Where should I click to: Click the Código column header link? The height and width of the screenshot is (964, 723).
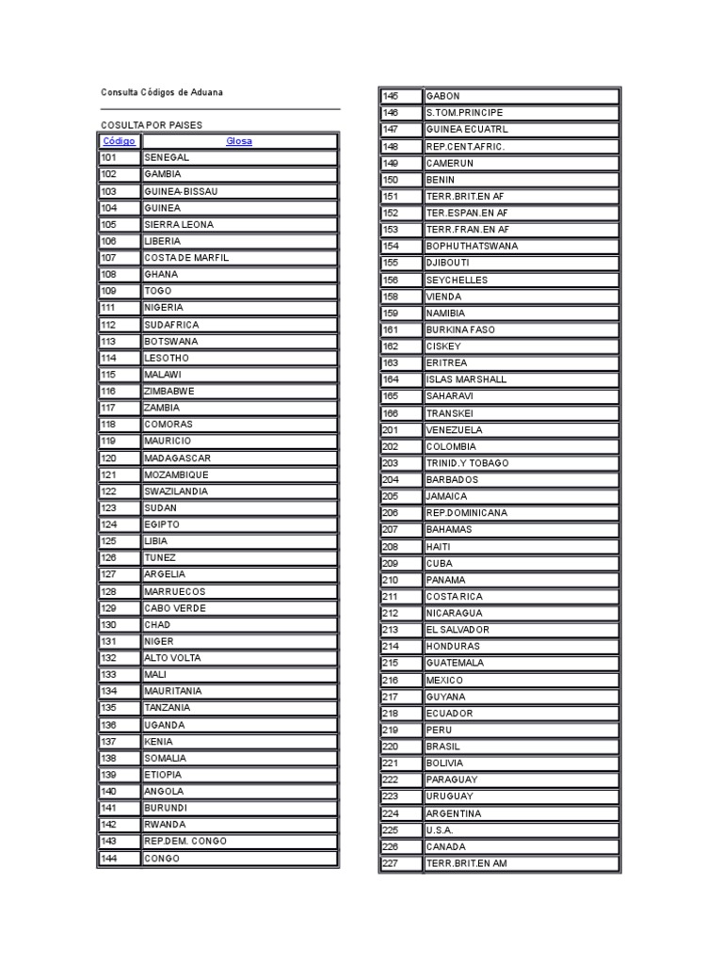[x=119, y=141]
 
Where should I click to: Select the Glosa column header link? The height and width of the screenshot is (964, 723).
[x=239, y=141]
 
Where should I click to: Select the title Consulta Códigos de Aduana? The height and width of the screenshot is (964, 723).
[x=163, y=92]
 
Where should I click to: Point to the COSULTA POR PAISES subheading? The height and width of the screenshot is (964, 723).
[x=152, y=125]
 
